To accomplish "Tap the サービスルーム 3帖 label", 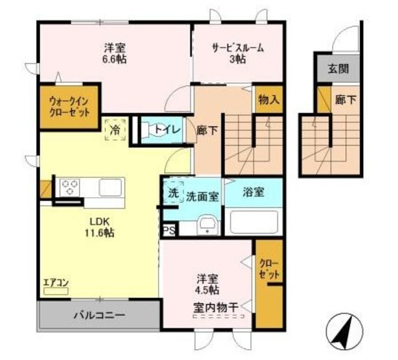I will point(238,52).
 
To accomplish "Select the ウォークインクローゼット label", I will point(70,106).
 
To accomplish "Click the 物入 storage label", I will point(269,99).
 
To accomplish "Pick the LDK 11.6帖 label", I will point(99,226).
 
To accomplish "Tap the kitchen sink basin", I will point(111,186).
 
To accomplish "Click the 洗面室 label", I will point(202,196).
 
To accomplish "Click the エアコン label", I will point(55,284).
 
